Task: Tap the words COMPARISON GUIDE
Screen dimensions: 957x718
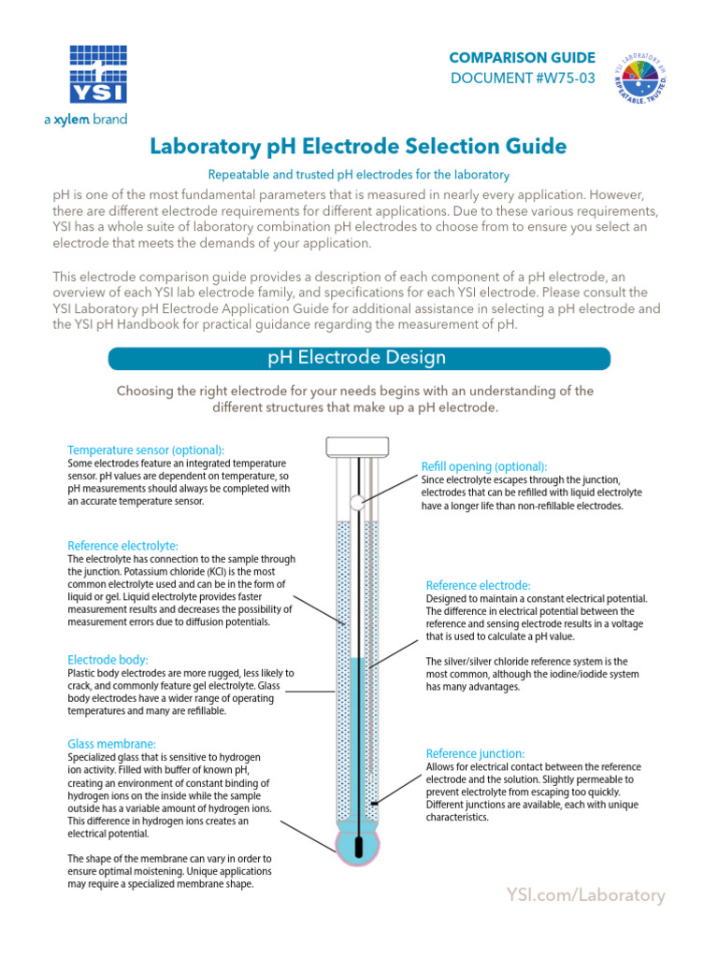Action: pyautogui.click(x=521, y=57)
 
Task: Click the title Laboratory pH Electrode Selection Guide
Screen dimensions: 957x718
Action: pyautogui.click(x=358, y=146)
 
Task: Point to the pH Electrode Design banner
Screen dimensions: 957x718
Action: pyautogui.click(x=359, y=358)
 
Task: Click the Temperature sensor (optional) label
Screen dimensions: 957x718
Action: pyautogui.click(x=146, y=449)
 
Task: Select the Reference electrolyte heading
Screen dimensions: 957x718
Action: pyautogui.click(x=122, y=545)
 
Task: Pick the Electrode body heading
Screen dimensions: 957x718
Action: pyautogui.click(x=108, y=659)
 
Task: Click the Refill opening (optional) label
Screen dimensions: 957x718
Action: pyautogui.click(x=484, y=466)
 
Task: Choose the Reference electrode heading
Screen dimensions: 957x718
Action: pyautogui.click(x=478, y=585)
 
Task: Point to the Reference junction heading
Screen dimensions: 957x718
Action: pyautogui.click(x=475, y=753)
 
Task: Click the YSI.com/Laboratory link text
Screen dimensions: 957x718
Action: pyautogui.click(x=585, y=895)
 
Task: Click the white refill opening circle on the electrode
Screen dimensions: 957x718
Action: pyautogui.click(x=356, y=502)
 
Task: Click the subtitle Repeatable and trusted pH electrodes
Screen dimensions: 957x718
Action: pyautogui.click(x=358, y=175)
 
